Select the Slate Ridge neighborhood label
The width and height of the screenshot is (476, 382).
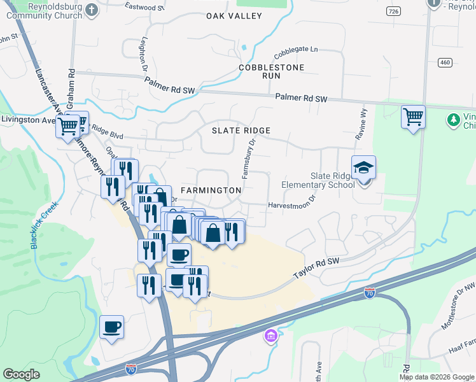tap(241, 131)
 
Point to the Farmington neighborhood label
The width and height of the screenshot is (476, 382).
tap(211, 190)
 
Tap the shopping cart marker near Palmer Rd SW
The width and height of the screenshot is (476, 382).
tap(414, 118)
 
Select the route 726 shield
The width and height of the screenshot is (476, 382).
tap(394, 11)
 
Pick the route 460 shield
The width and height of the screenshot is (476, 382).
tap(445, 62)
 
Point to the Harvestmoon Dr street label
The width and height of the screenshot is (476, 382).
tap(292, 205)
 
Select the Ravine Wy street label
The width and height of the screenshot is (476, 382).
tap(363, 121)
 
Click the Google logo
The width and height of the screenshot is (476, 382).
tap(22, 374)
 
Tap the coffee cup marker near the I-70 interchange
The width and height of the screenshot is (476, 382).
tap(112, 327)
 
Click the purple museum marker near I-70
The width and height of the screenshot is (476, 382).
tap(270, 335)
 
